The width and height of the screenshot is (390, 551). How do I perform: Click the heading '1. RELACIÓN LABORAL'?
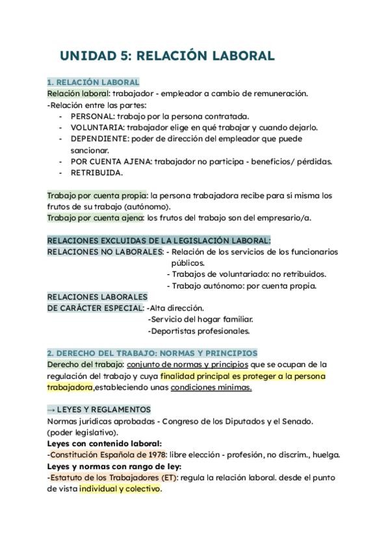93,83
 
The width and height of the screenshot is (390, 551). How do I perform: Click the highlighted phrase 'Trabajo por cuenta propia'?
97,195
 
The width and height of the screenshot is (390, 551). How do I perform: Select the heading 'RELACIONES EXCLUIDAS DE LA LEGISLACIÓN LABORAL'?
159,240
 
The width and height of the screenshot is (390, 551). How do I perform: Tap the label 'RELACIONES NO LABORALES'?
105,251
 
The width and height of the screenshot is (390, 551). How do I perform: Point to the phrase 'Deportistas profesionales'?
200,331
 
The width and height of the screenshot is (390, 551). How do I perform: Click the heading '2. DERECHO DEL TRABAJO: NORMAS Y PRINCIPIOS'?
152,353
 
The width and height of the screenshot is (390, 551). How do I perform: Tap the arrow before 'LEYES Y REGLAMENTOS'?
51,410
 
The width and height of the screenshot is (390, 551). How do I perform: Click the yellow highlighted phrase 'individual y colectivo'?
120,489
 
